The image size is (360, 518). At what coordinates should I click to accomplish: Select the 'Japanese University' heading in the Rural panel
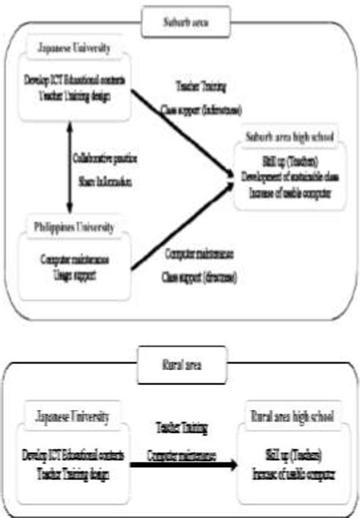pyautogui.click(x=74, y=415)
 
